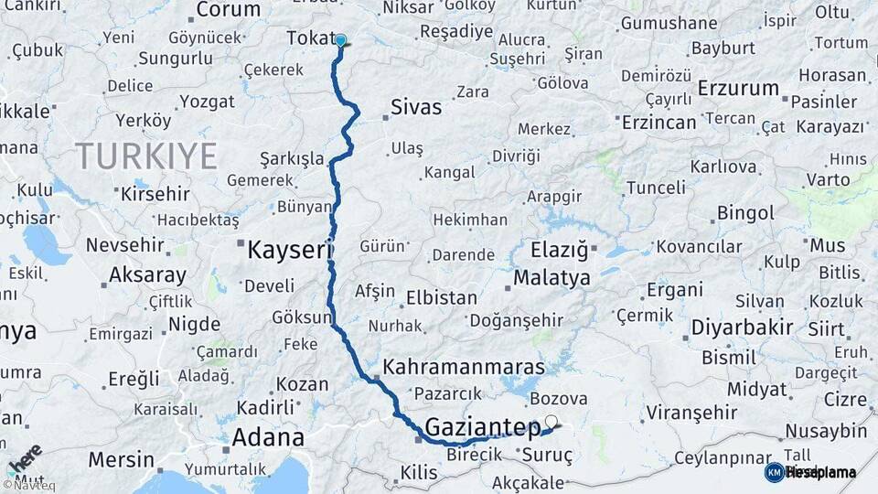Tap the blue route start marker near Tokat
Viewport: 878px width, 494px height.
point(340,40)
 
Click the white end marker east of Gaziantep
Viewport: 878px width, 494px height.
point(551,422)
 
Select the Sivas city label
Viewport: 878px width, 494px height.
point(415,107)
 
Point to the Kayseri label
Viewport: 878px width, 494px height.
point(286,249)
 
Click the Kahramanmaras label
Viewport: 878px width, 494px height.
point(463,367)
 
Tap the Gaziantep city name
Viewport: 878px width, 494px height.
point(483,427)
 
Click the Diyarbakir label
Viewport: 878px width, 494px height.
point(741,327)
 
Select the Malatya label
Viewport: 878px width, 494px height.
point(551,278)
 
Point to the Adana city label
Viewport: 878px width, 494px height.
point(268,436)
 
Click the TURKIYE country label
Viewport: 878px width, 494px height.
point(146,156)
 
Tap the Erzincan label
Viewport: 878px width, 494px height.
point(658,122)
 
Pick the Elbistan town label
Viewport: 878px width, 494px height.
point(442,297)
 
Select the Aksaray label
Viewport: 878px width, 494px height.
point(147,274)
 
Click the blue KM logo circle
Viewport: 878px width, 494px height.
point(774,472)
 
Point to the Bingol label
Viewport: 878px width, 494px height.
point(745,213)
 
